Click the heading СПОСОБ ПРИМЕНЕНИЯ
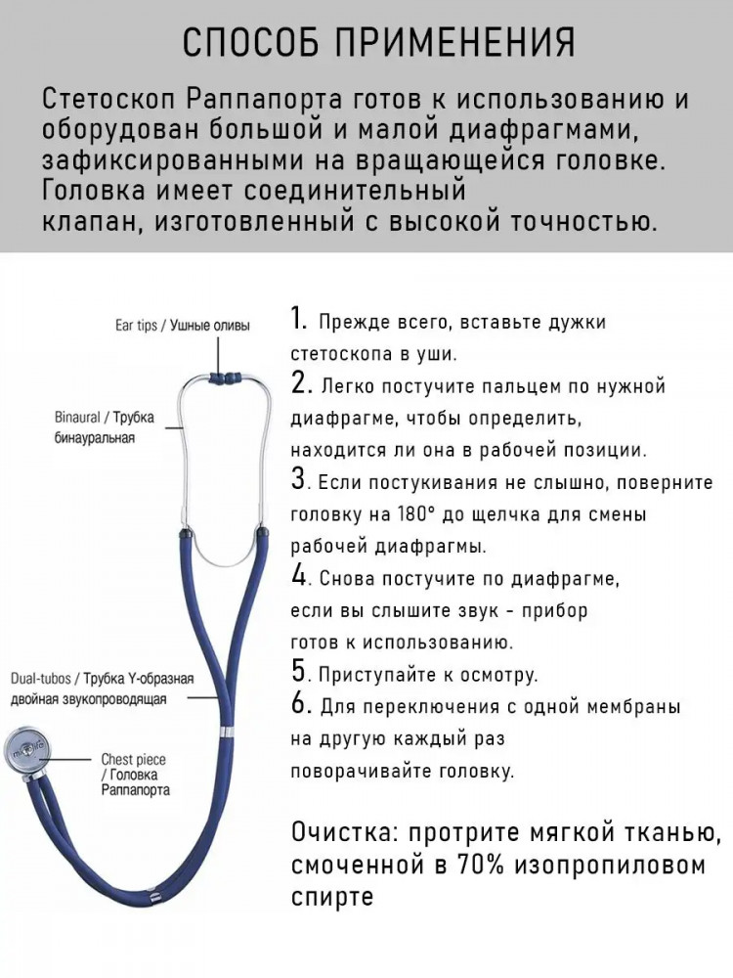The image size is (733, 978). click(379, 43)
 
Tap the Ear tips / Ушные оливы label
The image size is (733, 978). click(183, 326)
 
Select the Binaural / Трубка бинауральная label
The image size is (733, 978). click(105, 427)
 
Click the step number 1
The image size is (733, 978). click(300, 320)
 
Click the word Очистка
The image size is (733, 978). click(343, 834)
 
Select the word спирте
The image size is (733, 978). click(332, 897)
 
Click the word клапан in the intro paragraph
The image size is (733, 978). click(80, 220)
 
